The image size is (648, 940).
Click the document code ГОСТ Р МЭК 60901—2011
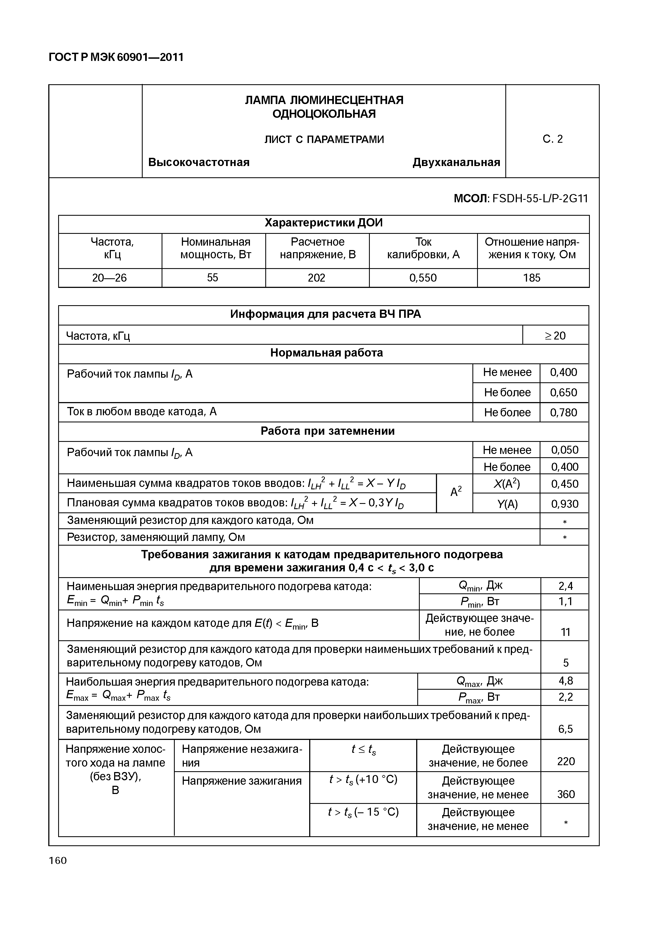tap(116, 57)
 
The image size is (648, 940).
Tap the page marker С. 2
tap(553, 139)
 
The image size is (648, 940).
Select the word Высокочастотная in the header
tap(199, 162)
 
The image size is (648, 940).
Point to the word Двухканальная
tap(456, 162)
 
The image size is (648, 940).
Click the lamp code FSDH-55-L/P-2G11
tap(540, 199)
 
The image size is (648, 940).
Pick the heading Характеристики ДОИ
tap(324, 223)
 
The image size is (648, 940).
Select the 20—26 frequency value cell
tap(110, 278)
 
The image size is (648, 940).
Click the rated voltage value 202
tap(317, 278)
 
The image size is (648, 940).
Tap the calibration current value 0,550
tap(423, 278)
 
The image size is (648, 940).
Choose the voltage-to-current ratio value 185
tap(532, 278)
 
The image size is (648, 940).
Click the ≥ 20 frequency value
tap(555, 336)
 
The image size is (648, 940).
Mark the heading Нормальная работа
tap(326, 353)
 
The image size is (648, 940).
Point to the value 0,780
tap(564, 413)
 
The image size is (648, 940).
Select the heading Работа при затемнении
tap(327, 431)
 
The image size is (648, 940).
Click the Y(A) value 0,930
tap(564, 504)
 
